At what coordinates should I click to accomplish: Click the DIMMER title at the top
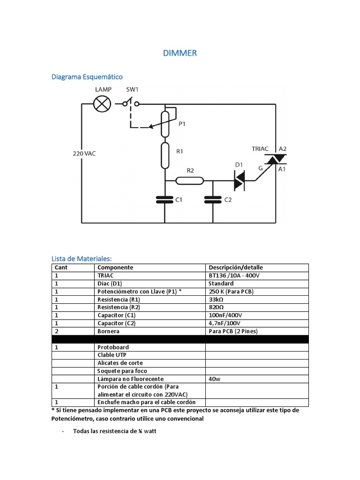tap(180, 53)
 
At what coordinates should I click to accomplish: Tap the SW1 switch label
tap(133, 89)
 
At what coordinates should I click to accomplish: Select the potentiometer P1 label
tap(182, 124)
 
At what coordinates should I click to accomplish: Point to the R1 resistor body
tap(165, 156)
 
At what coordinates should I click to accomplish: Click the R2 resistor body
tap(190, 180)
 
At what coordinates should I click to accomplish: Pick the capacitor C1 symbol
tap(165, 200)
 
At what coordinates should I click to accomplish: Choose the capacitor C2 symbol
tap(213, 200)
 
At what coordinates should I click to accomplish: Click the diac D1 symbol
tap(240, 179)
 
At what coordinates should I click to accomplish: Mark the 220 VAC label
tap(84, 153)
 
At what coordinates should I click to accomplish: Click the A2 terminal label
tap(283, 149)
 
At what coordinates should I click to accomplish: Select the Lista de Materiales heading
tap(82, 258)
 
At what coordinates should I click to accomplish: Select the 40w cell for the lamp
tap(214, 379)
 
